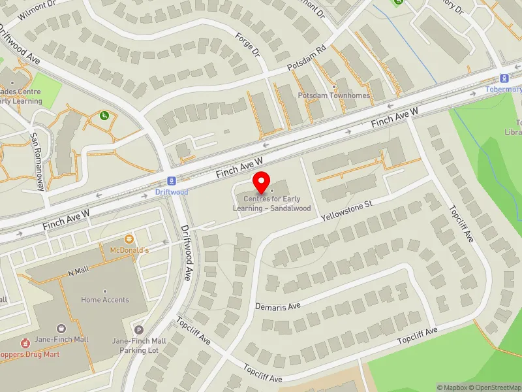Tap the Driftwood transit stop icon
tap(172, 180)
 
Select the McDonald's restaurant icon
tap(129, 239)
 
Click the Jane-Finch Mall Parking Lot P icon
tap(139, 329)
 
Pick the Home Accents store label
tap(105, 300)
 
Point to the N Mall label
tap(77, 272)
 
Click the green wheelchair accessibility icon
tap(104, 116)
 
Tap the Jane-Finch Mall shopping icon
tap(61, 328)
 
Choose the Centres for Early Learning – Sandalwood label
tap(272, 203)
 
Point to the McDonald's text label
tap(129, 250)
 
